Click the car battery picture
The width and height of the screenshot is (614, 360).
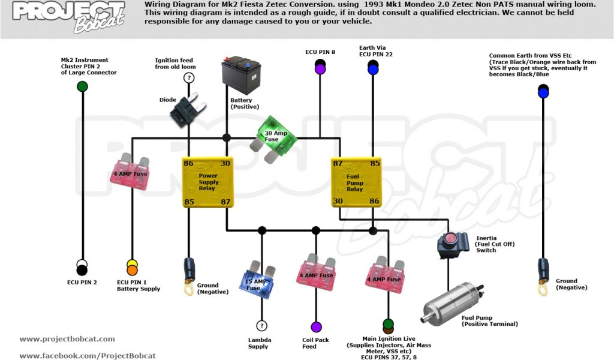[x=241, y=75]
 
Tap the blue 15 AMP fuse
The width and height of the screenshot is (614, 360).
[x=257, y=280]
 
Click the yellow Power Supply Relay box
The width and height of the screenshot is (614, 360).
[x=207, y=182]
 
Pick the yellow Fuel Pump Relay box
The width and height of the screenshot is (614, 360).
[x=356, y=182]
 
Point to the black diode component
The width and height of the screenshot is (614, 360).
[x=188, y=110]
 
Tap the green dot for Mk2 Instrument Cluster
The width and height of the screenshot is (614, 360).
[x=82, y=86]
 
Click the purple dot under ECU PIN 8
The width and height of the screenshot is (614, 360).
[x=320, y=70]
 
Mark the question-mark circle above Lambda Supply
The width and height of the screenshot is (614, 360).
[x=261, y=326]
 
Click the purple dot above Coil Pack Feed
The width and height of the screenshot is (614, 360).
[x=316, y=327]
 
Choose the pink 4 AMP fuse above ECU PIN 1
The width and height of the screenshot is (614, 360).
[x=130, y=172]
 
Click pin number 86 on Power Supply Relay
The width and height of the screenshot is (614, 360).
[x=188, y=163]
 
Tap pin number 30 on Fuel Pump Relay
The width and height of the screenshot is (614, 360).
[x=338, y=201]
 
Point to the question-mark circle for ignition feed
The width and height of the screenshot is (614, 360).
[x=189, y=77]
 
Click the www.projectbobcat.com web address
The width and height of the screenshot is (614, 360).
[x=67, y=339]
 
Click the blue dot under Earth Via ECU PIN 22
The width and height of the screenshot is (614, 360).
[x=373, y=70]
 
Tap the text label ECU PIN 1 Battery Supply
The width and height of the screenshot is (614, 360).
[x=139, y=286]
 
